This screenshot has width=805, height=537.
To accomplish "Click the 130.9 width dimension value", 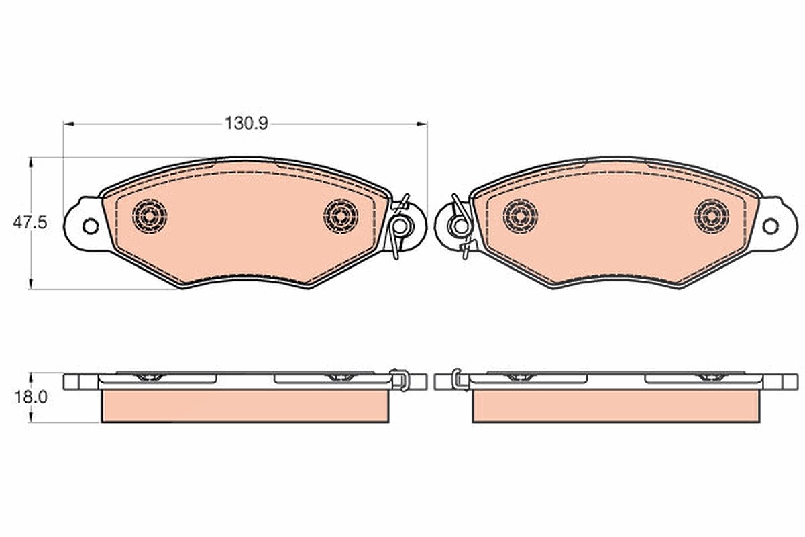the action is point(247,124).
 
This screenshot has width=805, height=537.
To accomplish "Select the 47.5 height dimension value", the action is point(30,223).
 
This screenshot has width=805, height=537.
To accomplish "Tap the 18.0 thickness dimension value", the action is point(31,397).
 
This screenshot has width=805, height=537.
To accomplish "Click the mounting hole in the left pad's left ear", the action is point(90,226).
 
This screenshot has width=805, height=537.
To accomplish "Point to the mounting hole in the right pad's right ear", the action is point(770,226).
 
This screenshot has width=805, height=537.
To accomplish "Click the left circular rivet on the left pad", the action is point(150,216).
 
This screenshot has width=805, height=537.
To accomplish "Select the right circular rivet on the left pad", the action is point(341,216).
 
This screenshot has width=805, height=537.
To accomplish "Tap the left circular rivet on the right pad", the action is point(521,216).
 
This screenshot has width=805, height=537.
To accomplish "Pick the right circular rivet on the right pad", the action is point(712,216).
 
